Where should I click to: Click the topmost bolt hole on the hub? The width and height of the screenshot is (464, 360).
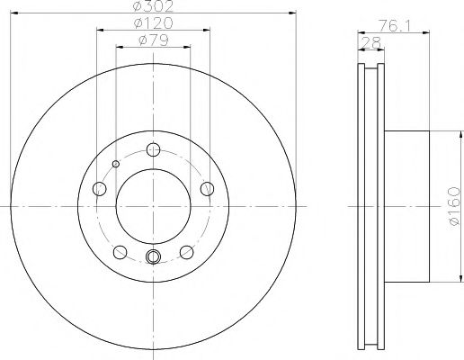[x=153, y=150]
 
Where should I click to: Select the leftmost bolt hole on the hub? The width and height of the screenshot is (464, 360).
[x=99, y=189]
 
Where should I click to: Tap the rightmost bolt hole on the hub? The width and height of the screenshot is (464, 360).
[x=208, y=189]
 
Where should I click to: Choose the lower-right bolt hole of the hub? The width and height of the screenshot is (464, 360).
[x=186, y=252]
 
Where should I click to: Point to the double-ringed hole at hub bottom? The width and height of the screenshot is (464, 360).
[x=153, y=259]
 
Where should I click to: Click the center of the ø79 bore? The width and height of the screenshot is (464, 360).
[x=153, y=207]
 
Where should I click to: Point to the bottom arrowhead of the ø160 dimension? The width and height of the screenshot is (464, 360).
[x=443, y=279]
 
